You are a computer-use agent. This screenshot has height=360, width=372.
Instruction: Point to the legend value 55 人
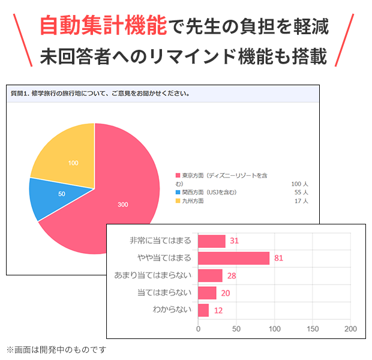pos(301,192)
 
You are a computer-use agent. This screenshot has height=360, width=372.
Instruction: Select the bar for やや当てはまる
pos(233,258)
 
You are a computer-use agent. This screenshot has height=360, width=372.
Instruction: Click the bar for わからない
pos(203,310)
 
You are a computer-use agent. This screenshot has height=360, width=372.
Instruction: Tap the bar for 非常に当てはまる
pos(212,241)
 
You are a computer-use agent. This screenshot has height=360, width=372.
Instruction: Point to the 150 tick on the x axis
pos(313,329)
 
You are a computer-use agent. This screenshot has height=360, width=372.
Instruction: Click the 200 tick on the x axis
pos(350,329)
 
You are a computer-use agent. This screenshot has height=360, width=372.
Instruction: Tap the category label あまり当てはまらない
pos(152,275)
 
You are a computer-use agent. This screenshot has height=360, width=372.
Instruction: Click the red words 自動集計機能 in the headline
pos(103,26)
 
